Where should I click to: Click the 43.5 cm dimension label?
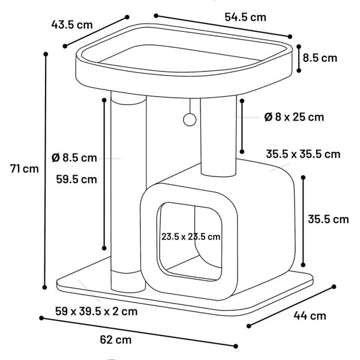point(72,25)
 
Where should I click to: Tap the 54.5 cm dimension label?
point(245,17)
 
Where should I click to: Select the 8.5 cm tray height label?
point(320,58)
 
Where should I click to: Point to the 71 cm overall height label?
point(25,169)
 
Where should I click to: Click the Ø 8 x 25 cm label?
point(294,117)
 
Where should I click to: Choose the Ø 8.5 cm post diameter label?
point(74,158)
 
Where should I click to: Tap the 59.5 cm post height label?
point(76,179)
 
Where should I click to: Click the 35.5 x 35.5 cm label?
point(303,154)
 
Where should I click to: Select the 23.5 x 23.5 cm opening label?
point(191,236)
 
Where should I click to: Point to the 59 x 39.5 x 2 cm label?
point(96,311)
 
